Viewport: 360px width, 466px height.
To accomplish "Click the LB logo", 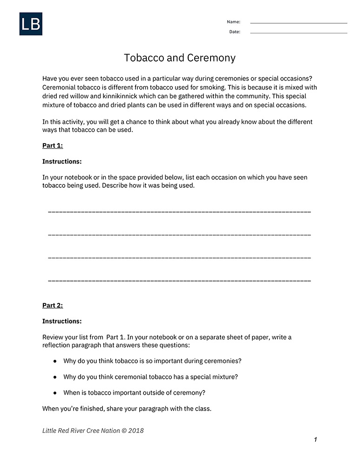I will coord(31,24).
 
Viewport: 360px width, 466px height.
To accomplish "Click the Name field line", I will coord(299,23).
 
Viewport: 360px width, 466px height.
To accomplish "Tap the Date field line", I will coord(299,33).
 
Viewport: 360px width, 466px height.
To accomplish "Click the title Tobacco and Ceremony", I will coord(180,58).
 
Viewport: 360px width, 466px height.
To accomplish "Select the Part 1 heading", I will coord(53,145).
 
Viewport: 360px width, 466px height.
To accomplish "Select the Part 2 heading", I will coord(53,305).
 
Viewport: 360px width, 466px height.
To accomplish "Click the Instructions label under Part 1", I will coord(62,161).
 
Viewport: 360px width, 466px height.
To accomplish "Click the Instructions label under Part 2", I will coord(62,321).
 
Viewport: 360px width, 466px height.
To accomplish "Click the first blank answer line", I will coord(179,212).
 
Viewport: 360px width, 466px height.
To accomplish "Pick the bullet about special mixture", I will coord(150,377).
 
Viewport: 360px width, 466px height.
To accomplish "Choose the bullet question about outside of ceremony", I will coord(135,392).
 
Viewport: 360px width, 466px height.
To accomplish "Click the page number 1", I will coord(315,439).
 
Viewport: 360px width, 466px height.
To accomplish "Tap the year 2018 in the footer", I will coord(136,431).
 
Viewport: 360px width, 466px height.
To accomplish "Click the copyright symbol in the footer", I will coord(124,431).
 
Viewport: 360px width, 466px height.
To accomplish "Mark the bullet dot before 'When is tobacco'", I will coord(55,393).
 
